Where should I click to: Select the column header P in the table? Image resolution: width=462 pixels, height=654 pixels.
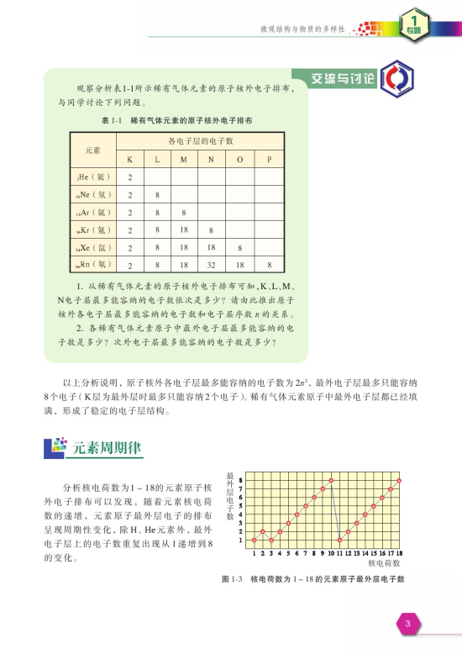[269, 159]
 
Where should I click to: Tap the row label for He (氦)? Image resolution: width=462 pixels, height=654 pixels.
[87, 177]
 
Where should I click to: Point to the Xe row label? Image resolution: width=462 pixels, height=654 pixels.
[87, 247]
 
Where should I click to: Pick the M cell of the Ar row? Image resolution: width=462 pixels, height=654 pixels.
[183, 213]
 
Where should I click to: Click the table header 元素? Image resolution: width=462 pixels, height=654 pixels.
[92, 150]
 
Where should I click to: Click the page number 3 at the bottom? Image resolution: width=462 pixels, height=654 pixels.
[406, 623]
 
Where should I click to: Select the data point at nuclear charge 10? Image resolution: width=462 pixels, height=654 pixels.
[332, 480]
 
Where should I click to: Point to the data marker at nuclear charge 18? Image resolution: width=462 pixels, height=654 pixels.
[399, 480]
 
